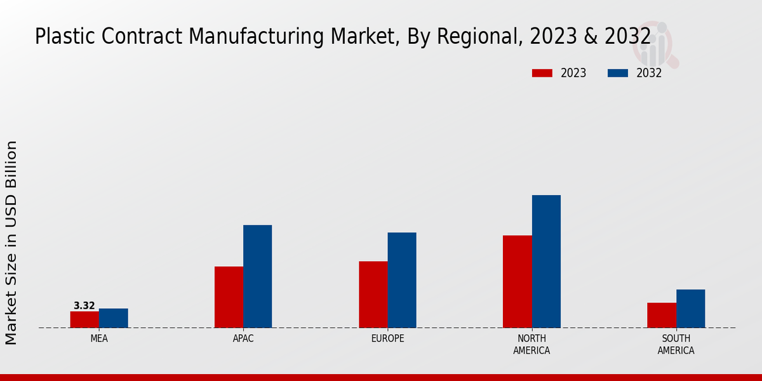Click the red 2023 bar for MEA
pyautogui.click(x=84, y=319)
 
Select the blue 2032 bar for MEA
pyautogui.click(x=113, y=318)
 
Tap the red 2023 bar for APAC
pyautogui.click(x=229, y=297)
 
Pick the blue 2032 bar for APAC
pyautogui.click(x=257, y=276)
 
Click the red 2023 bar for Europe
pyautogui.click(x=373, y=295)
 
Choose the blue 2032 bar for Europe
pyautogui.click(x=402, y=280)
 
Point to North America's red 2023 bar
pyautogui.click(x=517, y=281)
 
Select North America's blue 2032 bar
pyautogui.click(x=546, y=261)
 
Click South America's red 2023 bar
pyautogui.click(x=662, y=315)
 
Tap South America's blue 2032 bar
pyautogui.click(x=690, y=309)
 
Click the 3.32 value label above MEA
pyautogui.click(x=84, y=306)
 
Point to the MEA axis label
pyautogui.click(x=99, y=338)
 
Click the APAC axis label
pyautogui.click(x=243, y=338)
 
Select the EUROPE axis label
pyautogui.click(x=387, y=338)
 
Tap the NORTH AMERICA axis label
pyautogui.click(x=532, y=344)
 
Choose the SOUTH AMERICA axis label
pyautogui.click(x=676, y=344)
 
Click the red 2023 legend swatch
pyautogui.click(x=542, y=73)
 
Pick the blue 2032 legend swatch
pyautogui.click(x=618, y=73)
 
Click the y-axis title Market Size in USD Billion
pyautogui.click(x=11, y=243)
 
